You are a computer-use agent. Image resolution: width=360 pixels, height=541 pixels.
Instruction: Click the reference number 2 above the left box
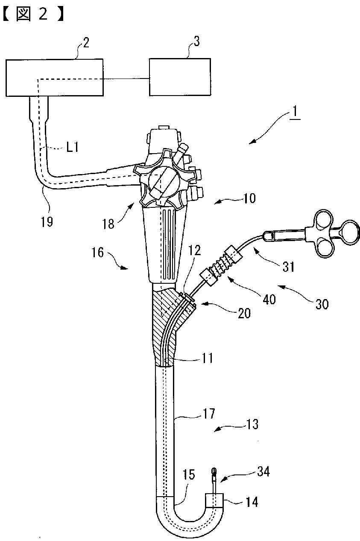[86, 43]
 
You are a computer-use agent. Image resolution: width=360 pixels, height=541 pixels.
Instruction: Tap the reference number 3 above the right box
[197, 41]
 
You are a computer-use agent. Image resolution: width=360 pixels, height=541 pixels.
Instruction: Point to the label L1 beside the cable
[72, 147]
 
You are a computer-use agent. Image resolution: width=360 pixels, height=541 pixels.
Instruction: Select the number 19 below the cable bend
[47, 221]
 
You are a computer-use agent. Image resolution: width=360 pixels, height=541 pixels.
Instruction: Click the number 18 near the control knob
[108, 224]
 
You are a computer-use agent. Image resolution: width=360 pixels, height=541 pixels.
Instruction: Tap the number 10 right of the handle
[249, 198]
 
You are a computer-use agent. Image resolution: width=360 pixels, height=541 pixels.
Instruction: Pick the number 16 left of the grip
[98, 253]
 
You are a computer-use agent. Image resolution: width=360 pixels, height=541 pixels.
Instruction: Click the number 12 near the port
[194, 250]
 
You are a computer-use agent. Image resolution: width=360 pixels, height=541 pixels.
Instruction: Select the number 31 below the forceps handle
[288, 267]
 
